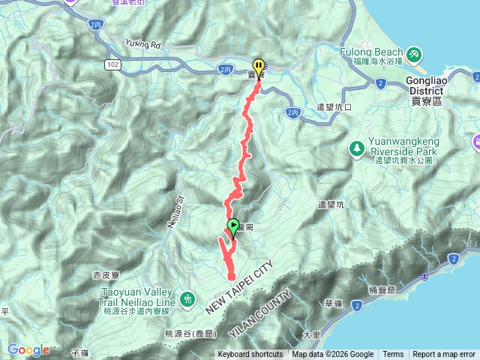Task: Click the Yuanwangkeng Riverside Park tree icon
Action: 357,148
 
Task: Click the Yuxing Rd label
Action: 143,43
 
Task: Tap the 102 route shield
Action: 112,65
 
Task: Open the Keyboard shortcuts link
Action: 250,355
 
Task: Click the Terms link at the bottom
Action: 393,355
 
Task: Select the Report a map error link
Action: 444,355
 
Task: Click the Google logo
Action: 28,349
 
